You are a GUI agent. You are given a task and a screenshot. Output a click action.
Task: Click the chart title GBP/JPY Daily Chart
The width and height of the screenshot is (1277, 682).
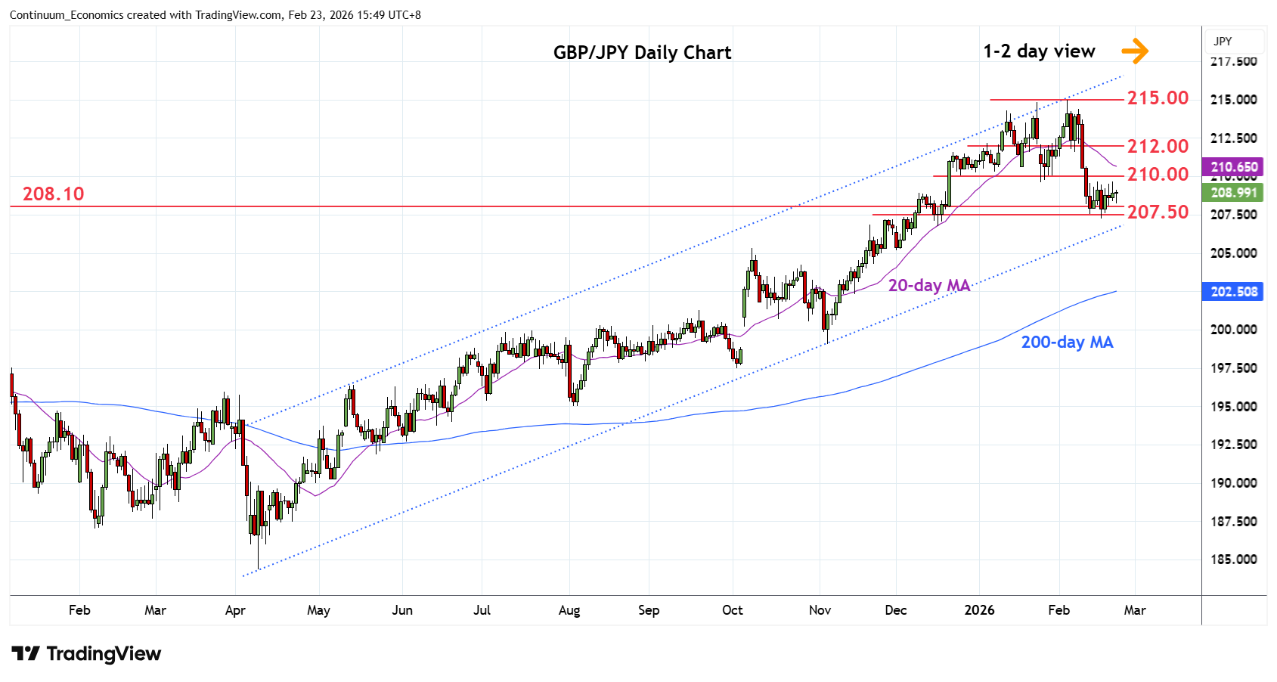tap(642, 52)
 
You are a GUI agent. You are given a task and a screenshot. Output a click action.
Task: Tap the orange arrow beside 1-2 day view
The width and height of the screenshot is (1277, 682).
tap(1135, 51)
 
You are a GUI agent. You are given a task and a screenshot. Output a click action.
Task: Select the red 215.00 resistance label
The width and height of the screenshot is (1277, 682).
tap(1158, 98)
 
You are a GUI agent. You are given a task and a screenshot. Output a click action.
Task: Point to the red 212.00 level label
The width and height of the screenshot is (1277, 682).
tap(1158, 146)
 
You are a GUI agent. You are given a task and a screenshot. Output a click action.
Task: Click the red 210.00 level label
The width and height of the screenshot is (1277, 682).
tap(1158, 175)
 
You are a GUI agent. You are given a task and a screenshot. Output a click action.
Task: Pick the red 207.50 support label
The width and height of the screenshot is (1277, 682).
tap(1158, 212)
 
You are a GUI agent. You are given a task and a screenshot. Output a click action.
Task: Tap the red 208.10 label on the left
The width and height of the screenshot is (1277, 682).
tap(53, 194)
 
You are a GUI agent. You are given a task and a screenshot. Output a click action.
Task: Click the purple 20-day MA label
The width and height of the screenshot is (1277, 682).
tap(928, 286)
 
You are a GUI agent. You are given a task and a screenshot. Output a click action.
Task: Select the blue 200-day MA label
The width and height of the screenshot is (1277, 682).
tap(1067, 343)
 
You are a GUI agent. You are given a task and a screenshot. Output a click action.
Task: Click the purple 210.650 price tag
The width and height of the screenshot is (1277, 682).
tap(1234, 167)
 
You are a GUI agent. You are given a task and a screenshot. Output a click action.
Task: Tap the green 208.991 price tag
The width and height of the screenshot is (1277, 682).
tap(1234, 193)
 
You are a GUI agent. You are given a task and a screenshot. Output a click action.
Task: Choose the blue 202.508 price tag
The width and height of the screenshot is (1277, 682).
tap(1234, 292)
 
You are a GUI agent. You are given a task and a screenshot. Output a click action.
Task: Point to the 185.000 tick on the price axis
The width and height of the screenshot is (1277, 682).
tap(1234, 560)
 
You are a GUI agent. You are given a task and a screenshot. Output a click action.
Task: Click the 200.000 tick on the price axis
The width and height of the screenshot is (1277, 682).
tap(1234, 330)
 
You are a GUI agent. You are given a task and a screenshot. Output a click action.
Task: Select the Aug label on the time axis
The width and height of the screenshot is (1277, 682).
tap(569, 610)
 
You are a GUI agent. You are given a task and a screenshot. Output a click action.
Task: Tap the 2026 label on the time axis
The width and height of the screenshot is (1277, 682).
tap(979, 610)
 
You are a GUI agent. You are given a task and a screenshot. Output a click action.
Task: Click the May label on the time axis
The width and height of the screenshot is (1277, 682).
tap(318, 610)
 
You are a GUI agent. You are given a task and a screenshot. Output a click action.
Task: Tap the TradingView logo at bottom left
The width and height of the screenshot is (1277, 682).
tap(86, 654)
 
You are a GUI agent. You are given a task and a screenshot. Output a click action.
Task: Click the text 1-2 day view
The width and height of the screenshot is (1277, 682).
tap(1039, 51)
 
